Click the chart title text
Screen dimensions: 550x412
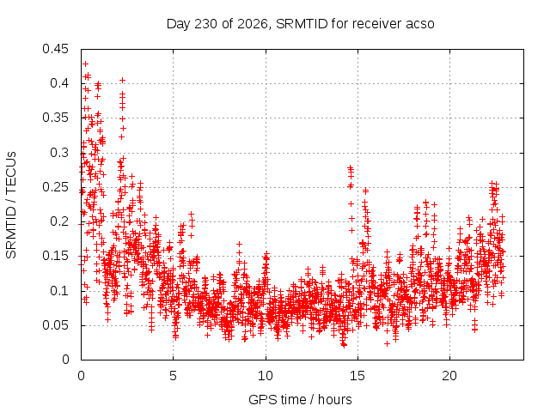click(x=300, y=24)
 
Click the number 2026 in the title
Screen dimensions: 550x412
click(x=253, y=24)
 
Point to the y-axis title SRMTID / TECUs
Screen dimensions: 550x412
click(x=11, y=205)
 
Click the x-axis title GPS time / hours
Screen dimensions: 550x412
click(x=300, y=399)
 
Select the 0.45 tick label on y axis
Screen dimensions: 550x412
click(x=55, y=49)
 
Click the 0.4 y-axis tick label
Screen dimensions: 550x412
click(x=59, y=83)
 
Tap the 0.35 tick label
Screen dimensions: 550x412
click(x=55, y=118)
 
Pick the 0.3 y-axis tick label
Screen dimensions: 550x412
click(x=59, y=153)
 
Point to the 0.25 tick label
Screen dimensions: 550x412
click(x=55, y=187)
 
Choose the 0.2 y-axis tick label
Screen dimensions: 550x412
click(x=59, y=221)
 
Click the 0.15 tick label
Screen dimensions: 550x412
click(x=55, y=256)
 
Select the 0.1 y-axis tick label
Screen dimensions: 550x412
click(x=59, y=290)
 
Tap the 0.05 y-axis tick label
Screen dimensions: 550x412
click(x=55, y=324)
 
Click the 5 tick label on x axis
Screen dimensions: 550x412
click(x=174, y=376)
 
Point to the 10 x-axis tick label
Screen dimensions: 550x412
click(x=266, y=376)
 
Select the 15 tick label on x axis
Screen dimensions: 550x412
click(x=357, y=376)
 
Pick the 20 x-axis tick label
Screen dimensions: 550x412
click(x=449, y=376)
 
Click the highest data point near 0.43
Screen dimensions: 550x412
click(x=85, y=64)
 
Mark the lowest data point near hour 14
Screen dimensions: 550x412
click(x=344, y=345)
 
